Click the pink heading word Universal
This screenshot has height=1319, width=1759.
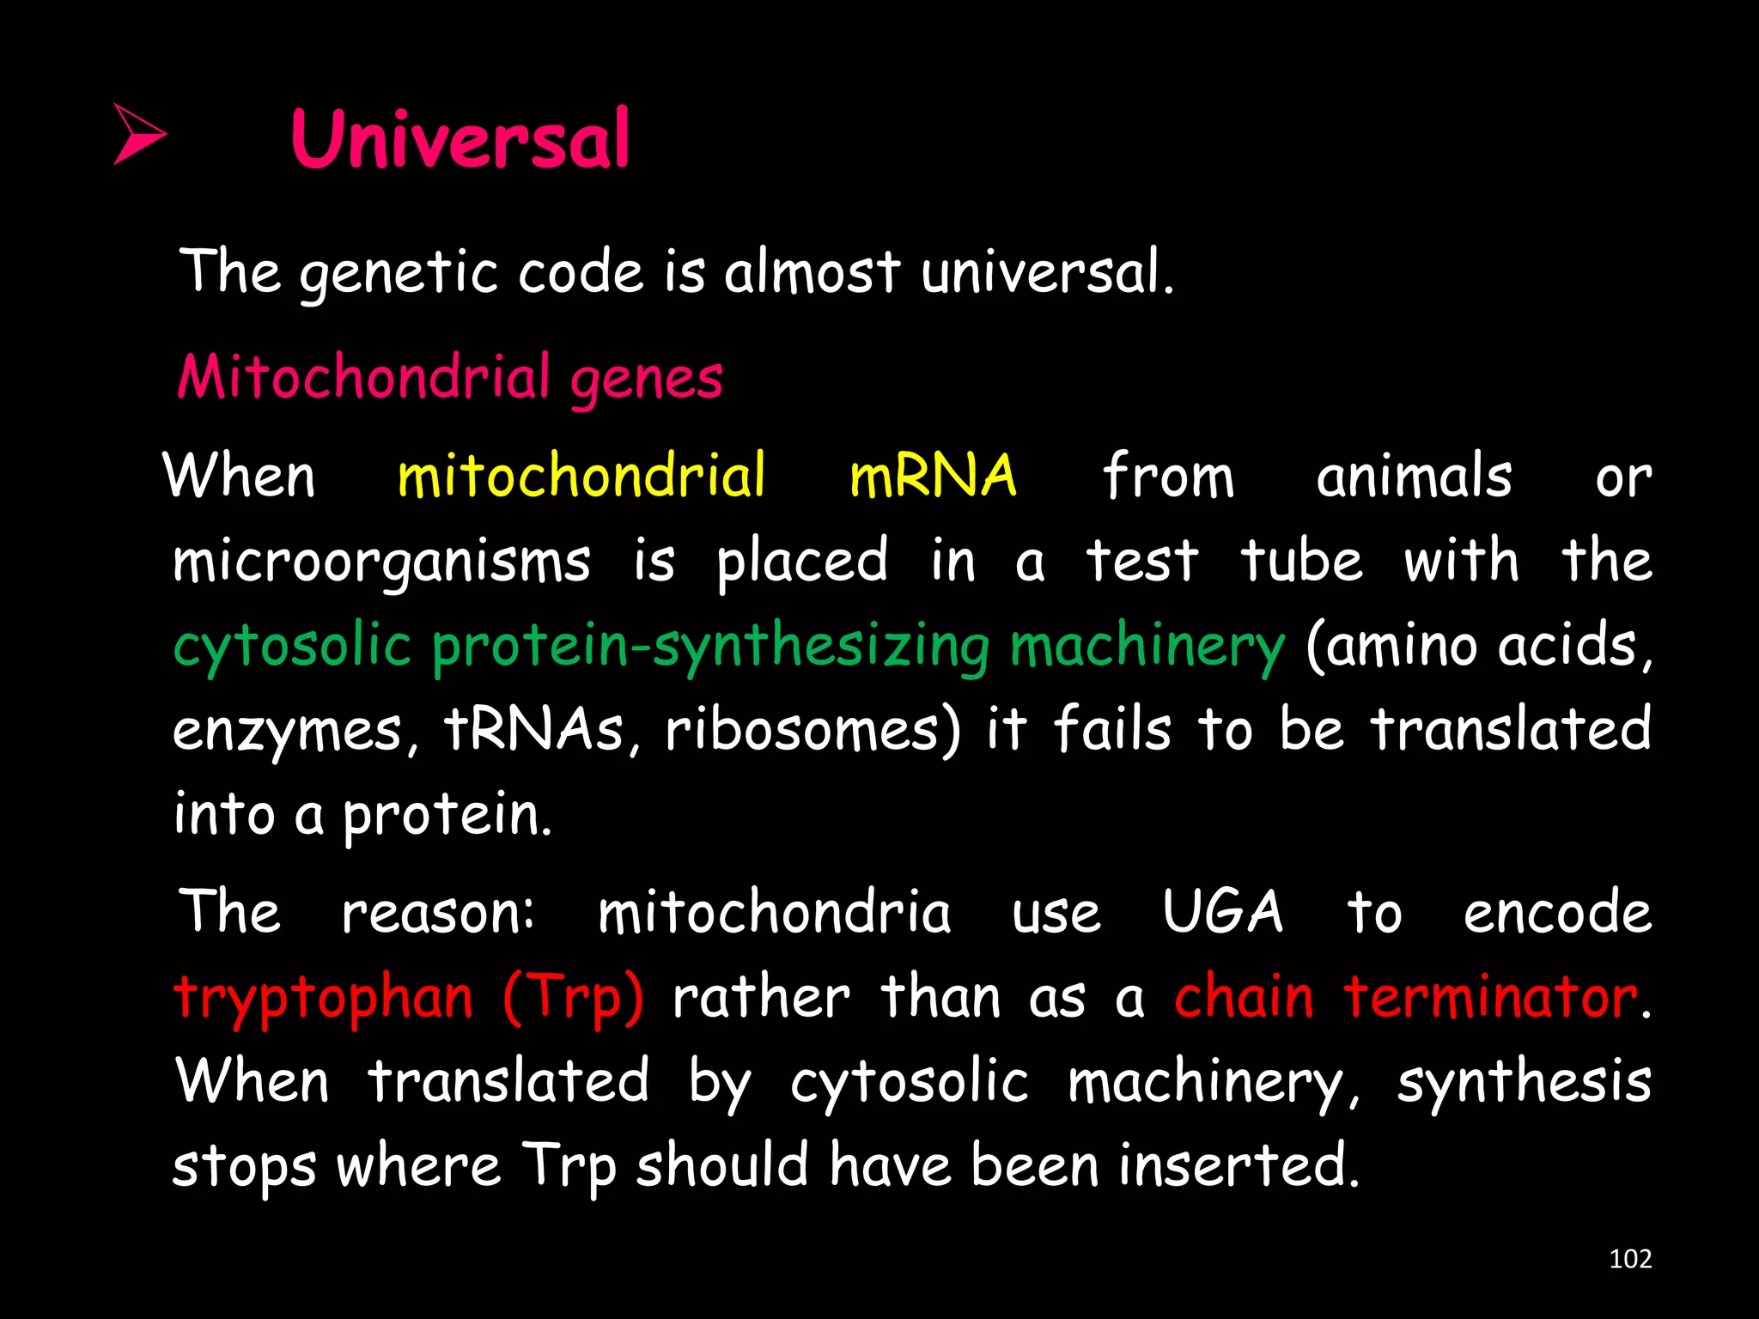(x=460, y=140)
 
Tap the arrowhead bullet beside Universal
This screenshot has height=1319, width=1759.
(x=139, y=134)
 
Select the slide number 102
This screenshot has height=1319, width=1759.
(x=1629, y=1259)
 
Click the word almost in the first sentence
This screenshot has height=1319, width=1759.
(x=812, y=272)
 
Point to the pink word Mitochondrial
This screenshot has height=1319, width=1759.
(x=362, y=377)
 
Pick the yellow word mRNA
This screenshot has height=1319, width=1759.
(x=933, y=476)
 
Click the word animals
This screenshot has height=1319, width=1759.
(x=1414, y=477)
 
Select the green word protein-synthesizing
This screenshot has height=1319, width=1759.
(x=710, y=647)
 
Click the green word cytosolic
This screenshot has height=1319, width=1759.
(x=292, y=647)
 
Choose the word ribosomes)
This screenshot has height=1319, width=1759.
(x=813, y=730)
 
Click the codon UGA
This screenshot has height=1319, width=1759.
(x=1222, y=912)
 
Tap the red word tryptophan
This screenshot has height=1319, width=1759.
(x=323, y=998)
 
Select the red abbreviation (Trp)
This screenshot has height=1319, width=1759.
(x=573, y=998)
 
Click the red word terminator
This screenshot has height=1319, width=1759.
(x=1490, y=998)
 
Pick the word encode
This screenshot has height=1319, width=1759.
(x=1557, y=912)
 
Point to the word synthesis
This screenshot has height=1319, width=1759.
(x=1524, y=1081)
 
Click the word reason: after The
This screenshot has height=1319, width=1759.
(x=438, y=912)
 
